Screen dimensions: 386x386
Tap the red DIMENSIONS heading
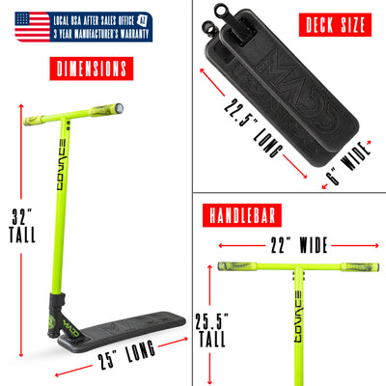[x=89, y=69]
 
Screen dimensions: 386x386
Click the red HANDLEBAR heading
[x=242, y=214]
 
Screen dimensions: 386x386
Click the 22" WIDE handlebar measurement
[x=295, y=244]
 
